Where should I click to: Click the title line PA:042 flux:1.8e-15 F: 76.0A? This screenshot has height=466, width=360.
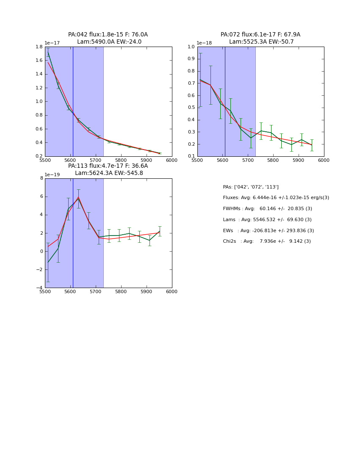(x=108, y=35)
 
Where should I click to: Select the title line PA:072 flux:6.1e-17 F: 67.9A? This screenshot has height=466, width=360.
(x=260, y=35)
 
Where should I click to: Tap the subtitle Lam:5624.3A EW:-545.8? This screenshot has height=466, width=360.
(x=109, y=173)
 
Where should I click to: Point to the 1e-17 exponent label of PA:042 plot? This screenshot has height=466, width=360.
(x=52, y=43)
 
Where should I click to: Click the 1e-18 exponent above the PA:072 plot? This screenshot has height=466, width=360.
(x=205, y=43)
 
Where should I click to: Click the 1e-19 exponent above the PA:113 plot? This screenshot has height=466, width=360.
(x=52, y=175)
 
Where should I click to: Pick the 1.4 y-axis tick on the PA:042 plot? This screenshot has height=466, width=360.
(x=39, y=74)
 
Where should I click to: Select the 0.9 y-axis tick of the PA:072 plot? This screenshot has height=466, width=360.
(x=191, y=59)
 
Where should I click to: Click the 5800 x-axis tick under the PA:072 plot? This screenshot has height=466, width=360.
(x=273, y=160)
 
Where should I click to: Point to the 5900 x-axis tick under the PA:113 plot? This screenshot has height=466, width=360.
(x=147, y=291)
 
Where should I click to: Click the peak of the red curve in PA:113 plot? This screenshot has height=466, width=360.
(x=78, y=197)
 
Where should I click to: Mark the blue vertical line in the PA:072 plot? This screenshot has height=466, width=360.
(x=225, y=102)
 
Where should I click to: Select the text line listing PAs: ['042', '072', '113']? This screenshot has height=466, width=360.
(x=251, y=187)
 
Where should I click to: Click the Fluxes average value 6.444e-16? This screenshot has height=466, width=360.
(x=254, y=198)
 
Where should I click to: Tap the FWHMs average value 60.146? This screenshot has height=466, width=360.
(x=268, y=209)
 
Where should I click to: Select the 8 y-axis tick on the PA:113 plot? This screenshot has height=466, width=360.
(x=41, y=178)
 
